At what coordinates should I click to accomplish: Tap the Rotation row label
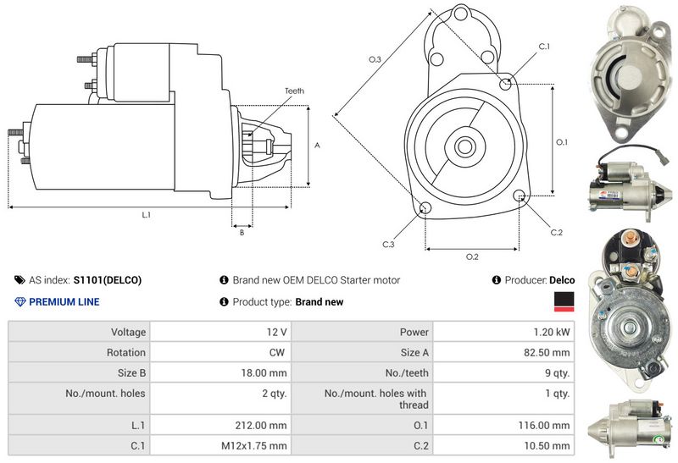128,352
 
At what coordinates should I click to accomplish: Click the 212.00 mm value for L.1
264,425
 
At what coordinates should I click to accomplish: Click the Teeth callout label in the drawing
294,91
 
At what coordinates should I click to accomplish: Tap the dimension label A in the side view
317,145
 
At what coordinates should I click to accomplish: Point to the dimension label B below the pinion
242,232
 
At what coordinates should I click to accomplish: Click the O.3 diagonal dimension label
374,59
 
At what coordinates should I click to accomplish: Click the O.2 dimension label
472,256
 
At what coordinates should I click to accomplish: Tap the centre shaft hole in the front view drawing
465,146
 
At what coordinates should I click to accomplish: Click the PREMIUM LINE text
64,301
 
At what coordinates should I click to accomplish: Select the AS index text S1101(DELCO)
108,280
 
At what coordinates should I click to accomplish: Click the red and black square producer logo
564,300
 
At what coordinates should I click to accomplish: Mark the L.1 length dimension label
146,215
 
